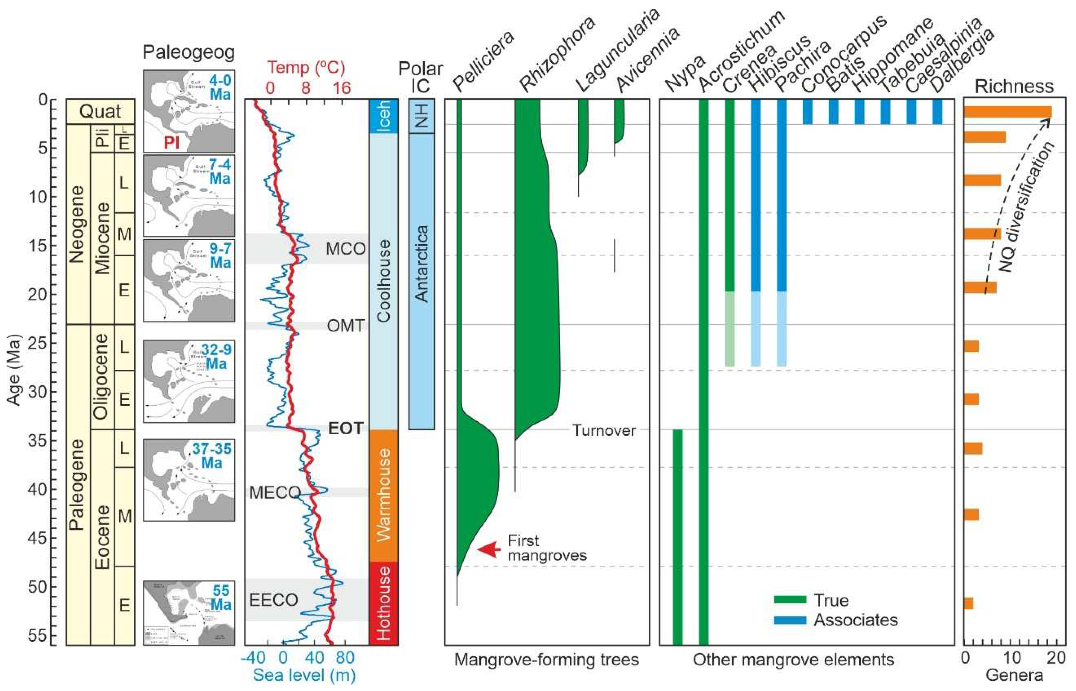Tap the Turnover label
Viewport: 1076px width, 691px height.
point(604,431)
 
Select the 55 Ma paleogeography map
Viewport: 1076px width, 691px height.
point(189,613)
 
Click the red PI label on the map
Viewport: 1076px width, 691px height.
point(171,143)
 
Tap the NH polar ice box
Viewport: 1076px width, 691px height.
point(422,116)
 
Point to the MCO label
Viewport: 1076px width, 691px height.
point(345,248)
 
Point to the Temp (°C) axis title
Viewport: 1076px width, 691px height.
point(306,67)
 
